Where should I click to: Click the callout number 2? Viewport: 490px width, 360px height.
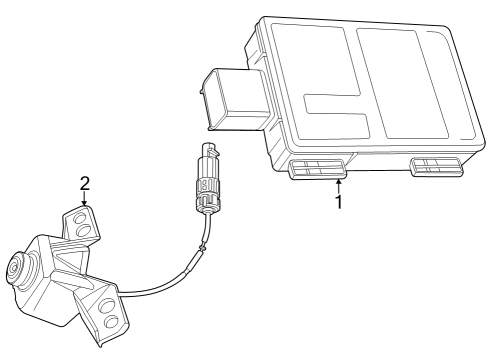coord(85,183)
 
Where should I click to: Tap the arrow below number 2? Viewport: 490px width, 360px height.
coord(85,200)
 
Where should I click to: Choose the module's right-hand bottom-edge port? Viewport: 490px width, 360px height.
coord(438,164)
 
